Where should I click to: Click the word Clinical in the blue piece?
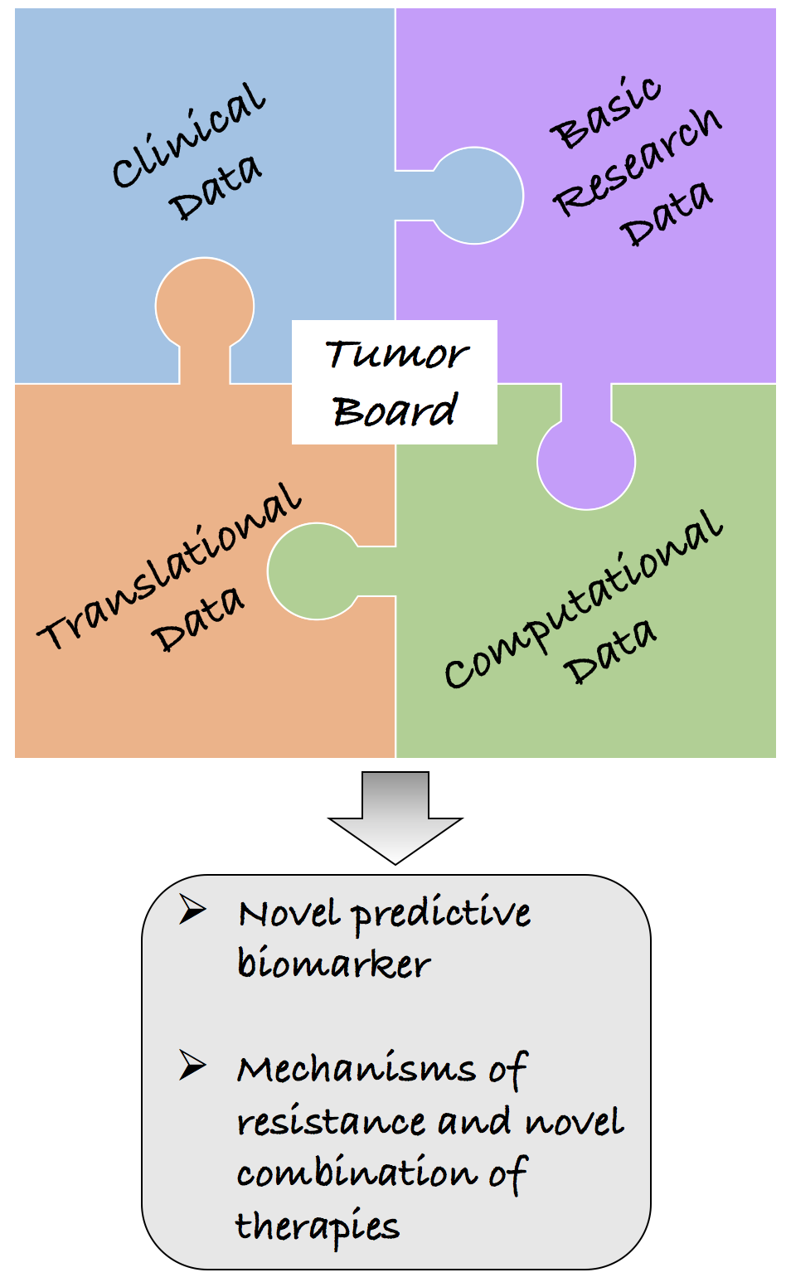[x=189, y=135]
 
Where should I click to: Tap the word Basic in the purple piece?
[x=606, y=114]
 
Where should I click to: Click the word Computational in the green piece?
[x=583, y=599]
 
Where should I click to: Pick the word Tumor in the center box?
[x=395, y=355]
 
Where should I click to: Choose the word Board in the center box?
[x=395, y=410]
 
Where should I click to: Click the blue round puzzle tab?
[x=477, y=196]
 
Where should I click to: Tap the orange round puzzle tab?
[x=205, y=305]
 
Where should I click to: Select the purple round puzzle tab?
[x=586, y=460]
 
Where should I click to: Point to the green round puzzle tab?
[x=315, y=571]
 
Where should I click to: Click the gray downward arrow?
[x=395, y=817]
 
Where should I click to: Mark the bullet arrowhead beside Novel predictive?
[x=192, y=911]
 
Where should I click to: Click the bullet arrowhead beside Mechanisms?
[x=192, y=1066]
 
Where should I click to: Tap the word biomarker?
[x=333, y=964]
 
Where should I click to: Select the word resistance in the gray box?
[x=332, y=1122]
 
